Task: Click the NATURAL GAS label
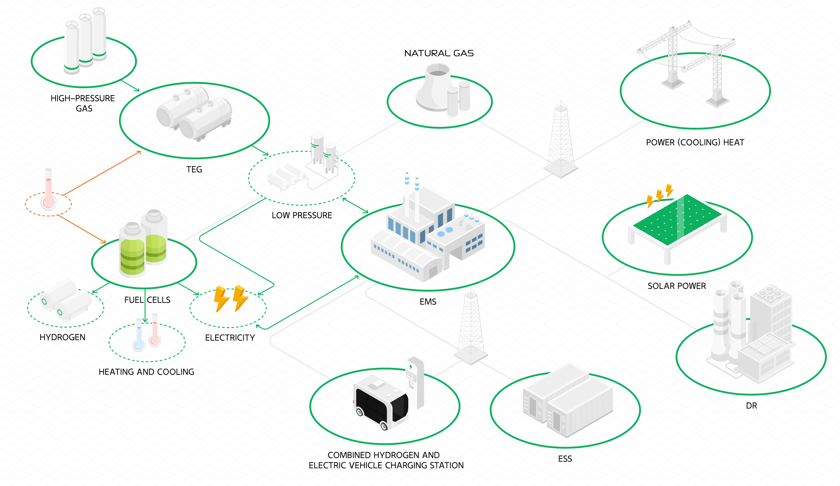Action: tap(439, 53)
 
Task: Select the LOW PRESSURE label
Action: tap(302, 215)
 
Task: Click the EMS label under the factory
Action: tap(428, 302)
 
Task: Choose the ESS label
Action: tap(565, 459)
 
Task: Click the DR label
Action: tap(751, 406)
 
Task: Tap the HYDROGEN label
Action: tap(62, 337)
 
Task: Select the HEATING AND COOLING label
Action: tap(146, 372)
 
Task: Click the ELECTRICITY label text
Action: tap(230, 338)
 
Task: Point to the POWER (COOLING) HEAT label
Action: tap(695, 142)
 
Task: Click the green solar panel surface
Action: tap(677, 220)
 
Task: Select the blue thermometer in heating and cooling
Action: tap(139, 337)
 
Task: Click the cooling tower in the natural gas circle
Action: tap(433, 87)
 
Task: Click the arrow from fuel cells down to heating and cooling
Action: tap(145, 307)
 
